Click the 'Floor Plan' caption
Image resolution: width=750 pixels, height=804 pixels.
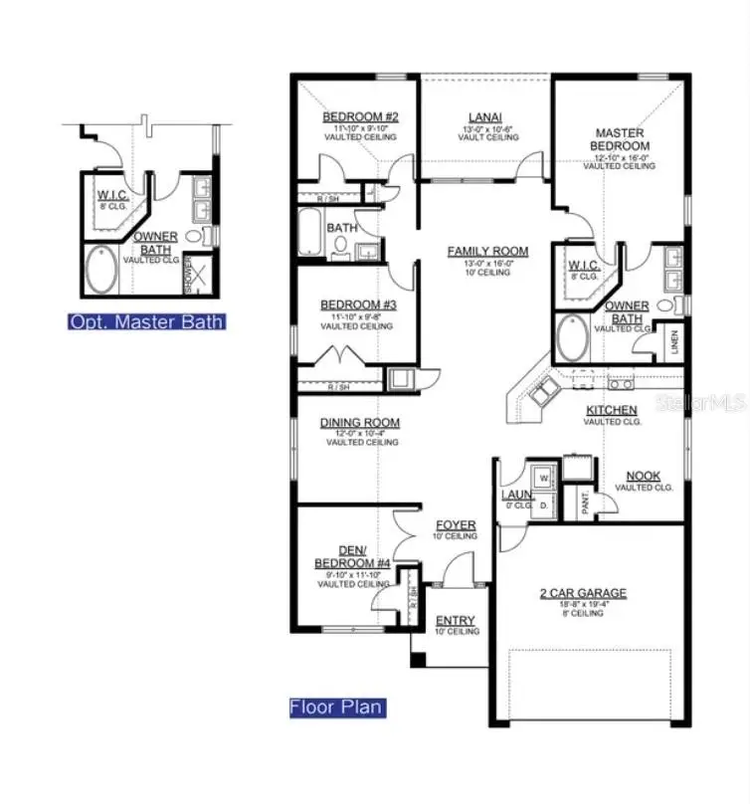[335, 707]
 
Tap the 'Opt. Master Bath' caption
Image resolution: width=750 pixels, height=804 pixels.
[145, 321]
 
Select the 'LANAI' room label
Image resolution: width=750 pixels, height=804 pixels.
[477, 117]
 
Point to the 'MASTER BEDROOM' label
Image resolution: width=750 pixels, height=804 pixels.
[619, 139]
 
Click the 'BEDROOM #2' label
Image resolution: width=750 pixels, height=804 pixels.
[360, 117]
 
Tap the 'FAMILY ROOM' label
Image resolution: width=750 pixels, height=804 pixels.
[487, 252]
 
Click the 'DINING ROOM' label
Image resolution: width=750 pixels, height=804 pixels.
[359, 423]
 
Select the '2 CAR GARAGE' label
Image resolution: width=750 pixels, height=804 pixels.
[583, 593]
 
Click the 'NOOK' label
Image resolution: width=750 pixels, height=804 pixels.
[644, 477]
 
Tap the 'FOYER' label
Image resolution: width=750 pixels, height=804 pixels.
[456, 524]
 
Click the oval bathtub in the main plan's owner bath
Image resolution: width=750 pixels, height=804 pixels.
[572, 338]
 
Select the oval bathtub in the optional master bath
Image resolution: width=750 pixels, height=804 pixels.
[99, 271]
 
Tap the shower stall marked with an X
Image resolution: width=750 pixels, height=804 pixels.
[198, 274]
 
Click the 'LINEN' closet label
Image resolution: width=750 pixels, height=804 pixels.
[674, 343]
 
